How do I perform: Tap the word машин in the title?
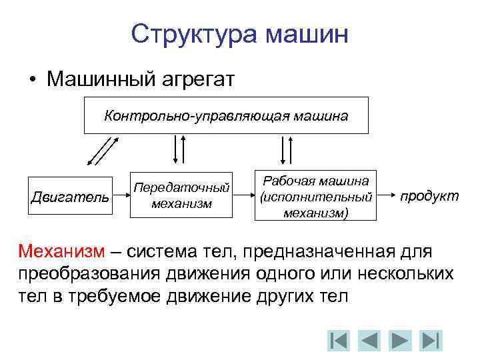click(x=307, y=33)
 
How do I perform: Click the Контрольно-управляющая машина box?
click(x=225, y=115)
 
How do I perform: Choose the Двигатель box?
click(x=69, y=196)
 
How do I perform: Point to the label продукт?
click(x=429, y=196)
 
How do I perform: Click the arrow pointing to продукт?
click(x=386, y=197)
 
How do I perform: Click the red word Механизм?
click(x=61, y=252)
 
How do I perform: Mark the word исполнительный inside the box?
click(x=315, y=197)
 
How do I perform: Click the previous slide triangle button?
click(x=369, y=340)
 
